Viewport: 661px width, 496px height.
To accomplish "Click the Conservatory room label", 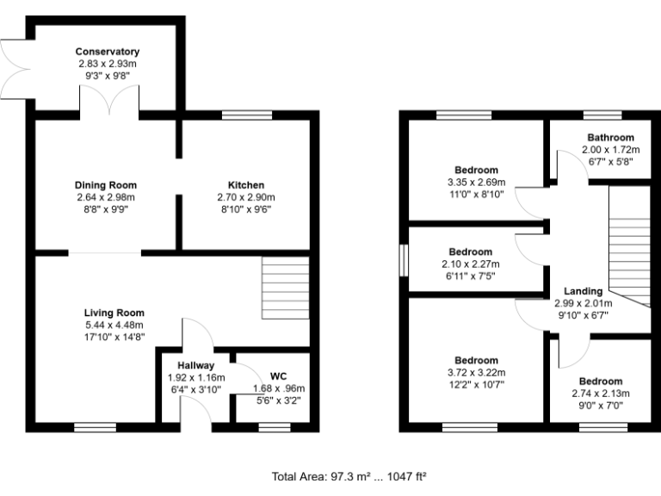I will tap(107, 52).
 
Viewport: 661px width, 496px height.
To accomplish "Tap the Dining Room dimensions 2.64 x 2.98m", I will tap(107, 197).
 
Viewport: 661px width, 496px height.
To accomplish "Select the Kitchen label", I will tap(245, 185).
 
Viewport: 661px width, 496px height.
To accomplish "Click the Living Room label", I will tap(114, 313).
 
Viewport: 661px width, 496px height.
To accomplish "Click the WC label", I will tap(278, 376).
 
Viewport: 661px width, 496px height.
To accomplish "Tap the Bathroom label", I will tap(610, 138).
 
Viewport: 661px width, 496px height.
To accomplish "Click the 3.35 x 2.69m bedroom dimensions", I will tap(476, 183).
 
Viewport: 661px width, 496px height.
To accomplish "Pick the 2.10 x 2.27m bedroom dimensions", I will tap(470, 264).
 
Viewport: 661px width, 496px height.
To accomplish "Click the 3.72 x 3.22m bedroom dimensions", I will tap(476, 372).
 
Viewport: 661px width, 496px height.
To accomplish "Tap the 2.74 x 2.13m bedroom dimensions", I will tap(600, 394).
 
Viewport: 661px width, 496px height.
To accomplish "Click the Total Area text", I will tap(349, 475).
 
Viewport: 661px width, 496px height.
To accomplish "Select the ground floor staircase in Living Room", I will tap(285, 276).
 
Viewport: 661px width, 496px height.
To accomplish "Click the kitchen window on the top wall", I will tap(247, 115).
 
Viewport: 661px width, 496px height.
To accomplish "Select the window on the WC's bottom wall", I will tap(275, 425).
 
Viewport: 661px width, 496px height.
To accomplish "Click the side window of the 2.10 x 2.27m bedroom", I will tap(403, 262).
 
